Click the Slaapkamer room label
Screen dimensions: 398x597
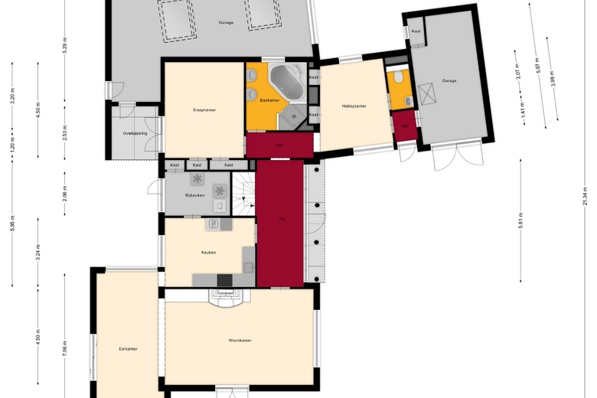click(204, 110)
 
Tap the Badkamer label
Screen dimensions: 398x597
click(269, 100)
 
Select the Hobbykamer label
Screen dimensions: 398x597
click(354, 106)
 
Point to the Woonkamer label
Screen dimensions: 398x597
click(240, 340)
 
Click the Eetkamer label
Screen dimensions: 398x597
click(128, 348)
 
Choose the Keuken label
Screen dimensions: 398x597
click(208, 253)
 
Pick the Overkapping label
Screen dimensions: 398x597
click(135, 133)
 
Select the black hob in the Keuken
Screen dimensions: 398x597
click(225, 280)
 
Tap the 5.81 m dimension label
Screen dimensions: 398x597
click(520, 223)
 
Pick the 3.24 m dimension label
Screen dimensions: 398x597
click(38, 253)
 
